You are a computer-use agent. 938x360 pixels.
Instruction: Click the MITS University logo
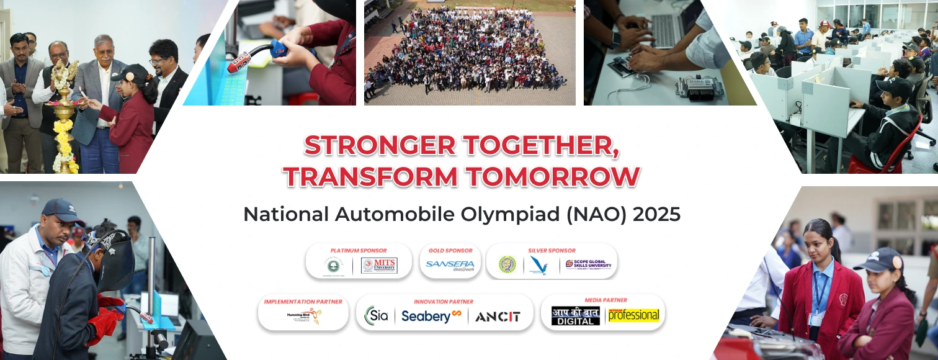(379, 265)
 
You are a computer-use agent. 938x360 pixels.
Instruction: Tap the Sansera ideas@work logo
(450, 265)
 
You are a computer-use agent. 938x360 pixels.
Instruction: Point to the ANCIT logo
(498, 317)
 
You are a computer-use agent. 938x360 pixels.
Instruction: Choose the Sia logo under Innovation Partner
(377, 315)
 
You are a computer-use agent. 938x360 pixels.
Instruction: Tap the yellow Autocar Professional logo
(633, 315)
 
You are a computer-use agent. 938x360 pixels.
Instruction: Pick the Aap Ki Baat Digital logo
(575, 316)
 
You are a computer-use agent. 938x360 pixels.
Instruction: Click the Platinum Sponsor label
(358, 250)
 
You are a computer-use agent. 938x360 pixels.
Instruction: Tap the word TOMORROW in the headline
(553, 177)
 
